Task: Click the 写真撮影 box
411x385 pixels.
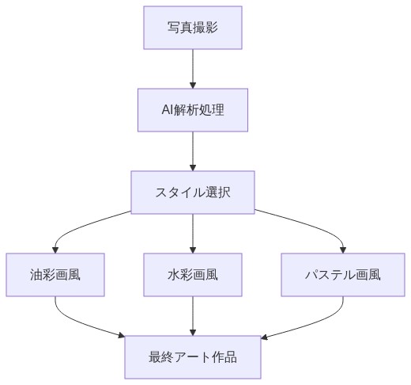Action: (193, 27)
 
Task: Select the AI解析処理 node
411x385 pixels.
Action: (193, 109)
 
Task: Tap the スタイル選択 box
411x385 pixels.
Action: (193, 192)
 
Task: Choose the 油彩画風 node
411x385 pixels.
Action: (55, 275)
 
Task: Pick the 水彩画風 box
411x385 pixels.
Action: (193, 275)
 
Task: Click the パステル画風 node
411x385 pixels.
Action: (343, 275)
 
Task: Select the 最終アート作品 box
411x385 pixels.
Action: (193, 357)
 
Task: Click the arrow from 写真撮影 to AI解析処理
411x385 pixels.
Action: (193, 68)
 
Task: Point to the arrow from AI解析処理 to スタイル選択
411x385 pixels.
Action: (193, 151)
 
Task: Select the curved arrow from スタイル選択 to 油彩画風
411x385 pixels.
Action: (79, 226)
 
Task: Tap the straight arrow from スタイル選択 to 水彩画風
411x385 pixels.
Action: (193, 234)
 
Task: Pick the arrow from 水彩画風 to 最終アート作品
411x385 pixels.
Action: (193, 316)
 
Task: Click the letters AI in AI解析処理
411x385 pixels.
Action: (168, 109)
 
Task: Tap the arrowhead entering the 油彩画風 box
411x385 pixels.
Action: (55, 249)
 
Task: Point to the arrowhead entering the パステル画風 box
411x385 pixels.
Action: (343, 249)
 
